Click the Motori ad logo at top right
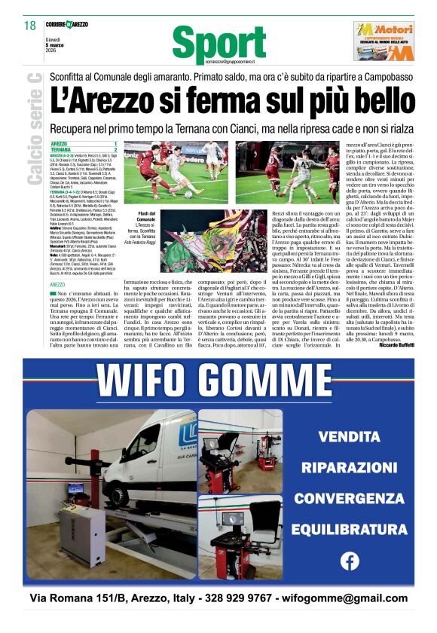pos(384,41)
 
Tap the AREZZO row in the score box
pos(83,143)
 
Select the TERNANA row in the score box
pos(83,150)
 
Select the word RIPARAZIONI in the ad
pos(349,467)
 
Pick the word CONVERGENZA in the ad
pos(349,498)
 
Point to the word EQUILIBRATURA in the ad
pos(349,530)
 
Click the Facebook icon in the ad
pos(350,561)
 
